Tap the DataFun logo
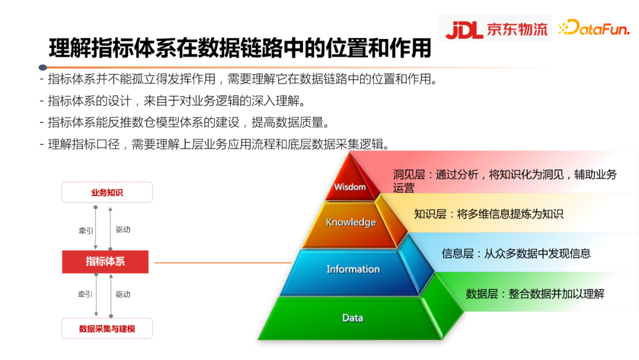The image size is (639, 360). click(x=594, y=28)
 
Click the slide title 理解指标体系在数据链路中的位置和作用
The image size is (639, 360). click(x=240, y=48)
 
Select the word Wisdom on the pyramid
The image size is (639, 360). click(x=350, y=187)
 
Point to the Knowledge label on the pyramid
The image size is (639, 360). click(x=351, y=223)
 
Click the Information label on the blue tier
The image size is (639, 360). click(x=353, y=269)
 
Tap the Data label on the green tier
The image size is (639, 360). click(x=353, y=318)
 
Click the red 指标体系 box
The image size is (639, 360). click(x=105, y=262)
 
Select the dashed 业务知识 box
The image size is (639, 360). click(x=107, y=193)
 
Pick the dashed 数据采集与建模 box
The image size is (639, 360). click(x=107, y=329)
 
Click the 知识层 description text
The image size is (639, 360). click(x=489, y=214)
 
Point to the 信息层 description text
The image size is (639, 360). click(x=516, y=254)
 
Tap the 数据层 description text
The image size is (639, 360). click(x=535, y=294)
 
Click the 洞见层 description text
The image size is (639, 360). click(x=505, y=180)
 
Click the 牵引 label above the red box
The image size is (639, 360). click(x=86, y=230)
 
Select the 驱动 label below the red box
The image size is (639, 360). click(x=123, y=295)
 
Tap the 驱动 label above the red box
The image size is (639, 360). click(x=123, y=230)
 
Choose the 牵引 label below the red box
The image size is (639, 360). click(x=86, y=295)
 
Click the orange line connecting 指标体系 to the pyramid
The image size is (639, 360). click(x=222, y=263)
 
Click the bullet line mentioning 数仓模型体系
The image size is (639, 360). click(x=188, y=123)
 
